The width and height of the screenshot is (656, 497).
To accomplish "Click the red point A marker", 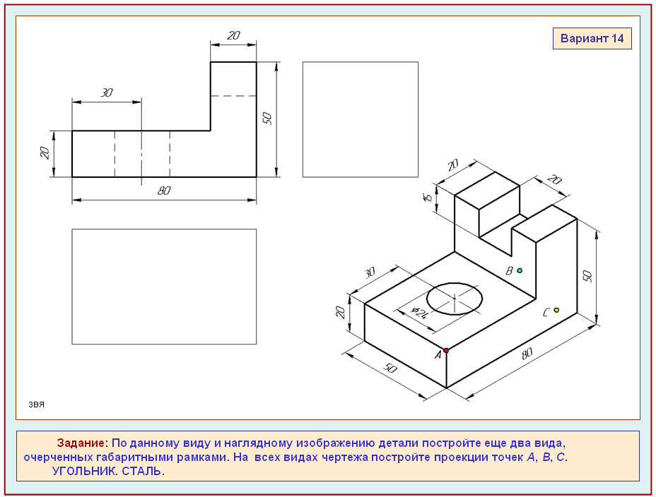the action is pyautogui.click(x=446, y=350).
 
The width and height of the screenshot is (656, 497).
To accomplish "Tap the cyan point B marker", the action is pyautogui.click(x=520, y=270).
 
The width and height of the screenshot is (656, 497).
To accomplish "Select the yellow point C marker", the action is pyautogui.click(x=556, y=310).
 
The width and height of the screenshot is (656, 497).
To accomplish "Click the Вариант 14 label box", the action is pyautogui.click(x=592, y=38).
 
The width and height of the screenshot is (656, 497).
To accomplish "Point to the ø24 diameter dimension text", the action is pyautogui.click(x=420, y=313).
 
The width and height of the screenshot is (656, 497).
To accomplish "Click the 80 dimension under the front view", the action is pyautogui.click(x=164, y=191).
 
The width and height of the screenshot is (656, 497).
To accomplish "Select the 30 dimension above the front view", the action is pyautogui.click(x=107, y=92).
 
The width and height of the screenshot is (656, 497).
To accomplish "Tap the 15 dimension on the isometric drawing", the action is pyautogui.click(x=428, y=197).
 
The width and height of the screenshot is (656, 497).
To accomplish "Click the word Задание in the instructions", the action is pyautogui.click(x=83, y=443).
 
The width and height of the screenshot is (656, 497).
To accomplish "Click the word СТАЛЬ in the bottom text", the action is pyautogui.click(x=143, y=471).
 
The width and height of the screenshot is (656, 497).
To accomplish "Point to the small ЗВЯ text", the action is pyautogui.click(x=36, y=405).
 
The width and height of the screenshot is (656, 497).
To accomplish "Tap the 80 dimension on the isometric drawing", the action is pyautogui.click(x=527, y=354).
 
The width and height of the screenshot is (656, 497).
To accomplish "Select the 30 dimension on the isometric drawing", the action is pyautogui.click(x=370, y=273).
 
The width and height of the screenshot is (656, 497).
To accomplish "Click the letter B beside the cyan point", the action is pyautogui.click(x=509, y=271).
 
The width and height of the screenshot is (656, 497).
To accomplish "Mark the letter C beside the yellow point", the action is pyautogui.click(x=546, y=313).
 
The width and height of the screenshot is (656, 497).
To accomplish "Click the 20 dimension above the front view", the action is pyautogui.click(x=233, y=35).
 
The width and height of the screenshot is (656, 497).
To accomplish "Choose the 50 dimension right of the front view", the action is pyautogui.click(x=267, y=119).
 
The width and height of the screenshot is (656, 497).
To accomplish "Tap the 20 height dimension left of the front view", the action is pyautogui.click(x=45, y=153).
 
